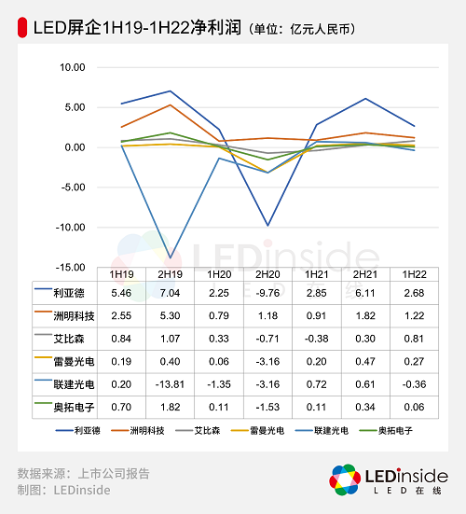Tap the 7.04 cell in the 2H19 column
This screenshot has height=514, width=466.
[170, 294]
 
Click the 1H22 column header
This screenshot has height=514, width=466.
[414, 274]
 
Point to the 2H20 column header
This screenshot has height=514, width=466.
[267, 274]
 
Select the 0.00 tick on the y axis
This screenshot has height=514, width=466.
[75, 147]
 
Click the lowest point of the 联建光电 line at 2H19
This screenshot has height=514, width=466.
[170, 257]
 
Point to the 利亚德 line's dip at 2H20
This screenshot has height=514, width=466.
[267, 225]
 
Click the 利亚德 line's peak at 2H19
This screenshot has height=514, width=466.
[170, 91]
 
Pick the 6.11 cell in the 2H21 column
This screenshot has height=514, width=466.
[365, 294]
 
